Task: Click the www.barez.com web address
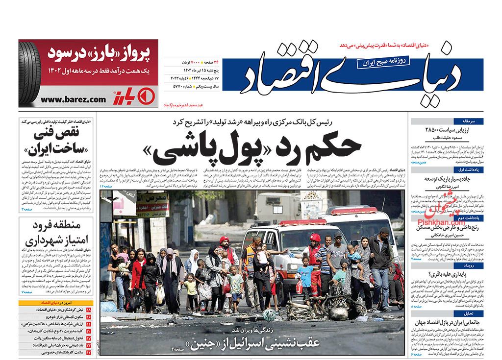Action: coord(73,99)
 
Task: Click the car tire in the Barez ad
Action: coord(29,73)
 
